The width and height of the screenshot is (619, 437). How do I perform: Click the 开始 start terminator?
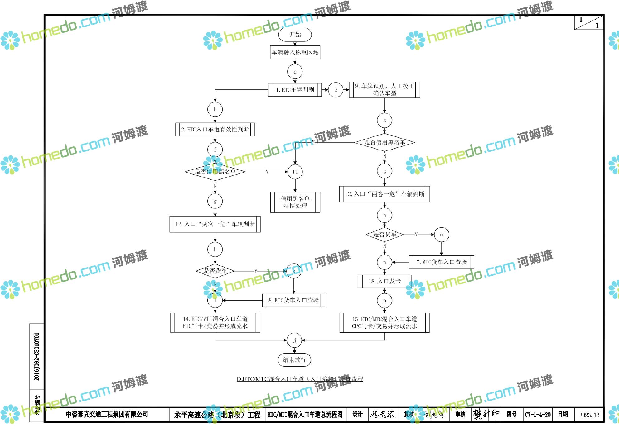pos(295,35)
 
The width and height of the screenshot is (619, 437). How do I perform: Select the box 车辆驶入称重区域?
pos(295,52)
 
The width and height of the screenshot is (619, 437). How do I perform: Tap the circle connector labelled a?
pos(295,72)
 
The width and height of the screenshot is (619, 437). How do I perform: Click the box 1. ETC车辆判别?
pos(295,90)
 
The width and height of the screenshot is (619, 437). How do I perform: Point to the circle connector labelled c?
pos(336,90)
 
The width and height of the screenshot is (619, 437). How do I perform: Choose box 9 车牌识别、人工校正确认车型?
pos(384,90)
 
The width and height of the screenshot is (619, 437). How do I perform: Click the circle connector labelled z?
pos(384,121)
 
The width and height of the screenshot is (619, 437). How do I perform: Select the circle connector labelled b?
pos(215,109)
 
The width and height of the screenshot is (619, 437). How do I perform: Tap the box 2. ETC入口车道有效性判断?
pos(215,129)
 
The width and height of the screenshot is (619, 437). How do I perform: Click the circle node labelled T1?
pos(295,172)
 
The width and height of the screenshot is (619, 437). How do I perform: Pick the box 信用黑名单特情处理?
pos(295,202)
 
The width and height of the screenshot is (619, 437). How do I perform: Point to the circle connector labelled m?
pos(442,235)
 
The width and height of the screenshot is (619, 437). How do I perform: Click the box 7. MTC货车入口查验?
pos(441,262)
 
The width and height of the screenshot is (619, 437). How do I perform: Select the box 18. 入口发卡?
pos(384,281)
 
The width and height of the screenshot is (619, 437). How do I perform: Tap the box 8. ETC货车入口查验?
pos(293,300)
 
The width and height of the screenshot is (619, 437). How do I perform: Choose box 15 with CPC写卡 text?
pos(384,323)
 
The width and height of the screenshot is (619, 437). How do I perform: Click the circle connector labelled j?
pos(294,340)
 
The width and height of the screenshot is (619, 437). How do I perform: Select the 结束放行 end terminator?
pos(294,360)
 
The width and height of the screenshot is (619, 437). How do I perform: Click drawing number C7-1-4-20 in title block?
pos(538,415)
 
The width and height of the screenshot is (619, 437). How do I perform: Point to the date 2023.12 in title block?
pos(589,415)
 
